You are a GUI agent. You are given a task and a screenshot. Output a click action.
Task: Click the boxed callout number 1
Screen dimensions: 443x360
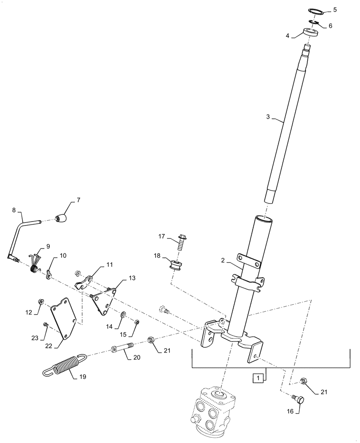pyautogui.click(x=256, y=378)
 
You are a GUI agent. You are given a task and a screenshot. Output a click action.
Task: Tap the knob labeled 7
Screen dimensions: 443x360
pyautogui.click(x=62, y=218)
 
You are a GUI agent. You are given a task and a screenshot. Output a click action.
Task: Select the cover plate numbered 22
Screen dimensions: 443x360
pyautogui.click(x=63, y=320)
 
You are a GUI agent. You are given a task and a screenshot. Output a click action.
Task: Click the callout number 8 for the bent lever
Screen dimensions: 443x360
pyautogui.click(x=14, y=210)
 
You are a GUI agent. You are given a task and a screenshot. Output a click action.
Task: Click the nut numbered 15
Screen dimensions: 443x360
pyautogui.click(x=137, y=322)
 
